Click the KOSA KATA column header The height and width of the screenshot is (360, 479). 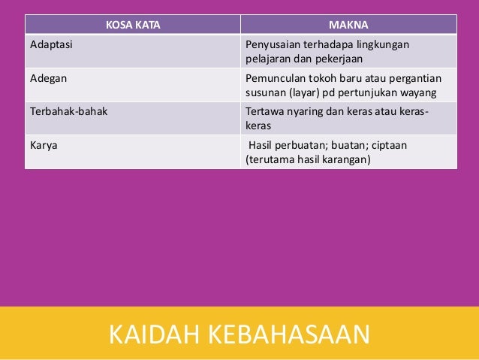click(x=132, y=23)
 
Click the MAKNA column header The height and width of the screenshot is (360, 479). click(x=348, y=23)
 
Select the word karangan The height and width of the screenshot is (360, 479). click(x=347, y=160)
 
